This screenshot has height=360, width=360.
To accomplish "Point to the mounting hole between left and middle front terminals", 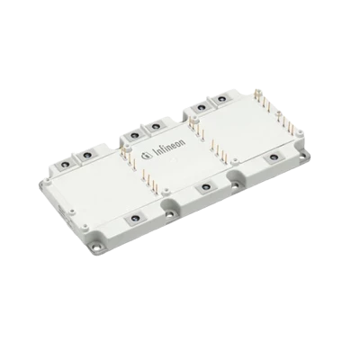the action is [x=169, y=214].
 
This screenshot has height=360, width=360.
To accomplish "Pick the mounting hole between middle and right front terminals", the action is [x=235, y=185].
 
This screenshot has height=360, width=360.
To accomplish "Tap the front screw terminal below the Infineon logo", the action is [x=205, y=188].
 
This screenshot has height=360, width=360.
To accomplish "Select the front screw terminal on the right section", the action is [x=273, y=157].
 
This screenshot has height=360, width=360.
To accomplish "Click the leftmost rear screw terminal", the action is [x=66, y=164].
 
